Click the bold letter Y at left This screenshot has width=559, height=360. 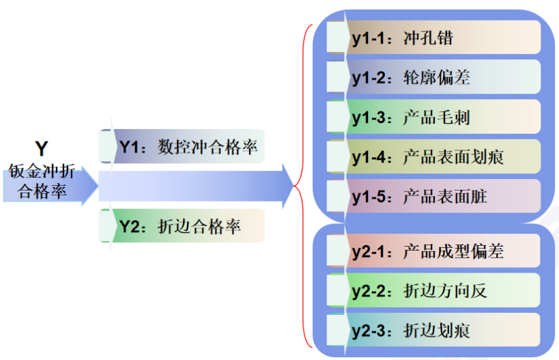point(42,148)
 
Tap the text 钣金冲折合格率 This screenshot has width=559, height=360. point(42,181)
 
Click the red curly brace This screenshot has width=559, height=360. point(304,184)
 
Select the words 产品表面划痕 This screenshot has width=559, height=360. point(453,158)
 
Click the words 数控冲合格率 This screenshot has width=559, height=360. point(207,147)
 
